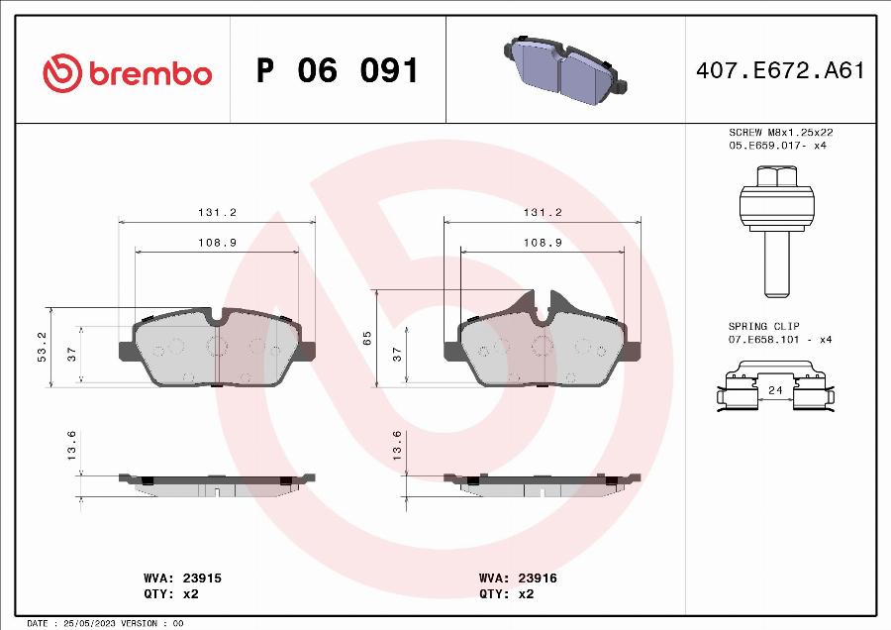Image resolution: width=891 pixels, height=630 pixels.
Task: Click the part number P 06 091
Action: (x=337, y=71)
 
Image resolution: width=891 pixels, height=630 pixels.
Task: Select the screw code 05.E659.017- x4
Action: (x=777, y=146)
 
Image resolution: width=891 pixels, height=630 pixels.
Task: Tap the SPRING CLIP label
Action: (x=763, y=326)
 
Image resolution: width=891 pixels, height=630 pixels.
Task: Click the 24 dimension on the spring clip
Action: (x=775, y=391)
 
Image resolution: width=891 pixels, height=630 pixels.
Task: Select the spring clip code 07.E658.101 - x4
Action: (x=781, y=340)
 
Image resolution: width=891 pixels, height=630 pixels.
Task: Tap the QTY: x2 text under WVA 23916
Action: (x=506, y=593)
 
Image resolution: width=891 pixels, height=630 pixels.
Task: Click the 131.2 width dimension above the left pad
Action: (x=216, y=212)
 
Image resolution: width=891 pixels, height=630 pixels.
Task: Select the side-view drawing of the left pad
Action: (x=217, y=482)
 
